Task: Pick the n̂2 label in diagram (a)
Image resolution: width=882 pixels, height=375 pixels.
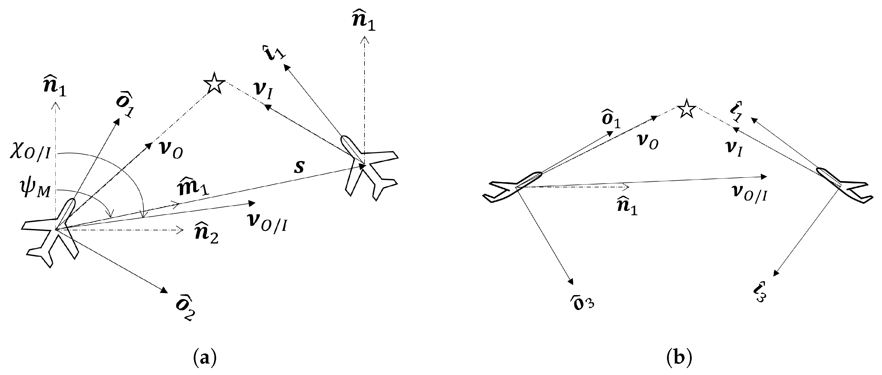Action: pos(206,233)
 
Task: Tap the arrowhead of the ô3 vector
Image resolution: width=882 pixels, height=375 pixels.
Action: pos(570,281)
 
